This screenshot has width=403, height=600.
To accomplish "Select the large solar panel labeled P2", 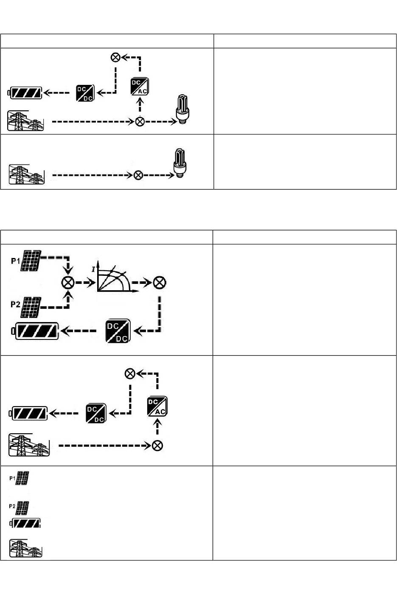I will pos(31,307).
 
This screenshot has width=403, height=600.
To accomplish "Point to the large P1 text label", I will pos(16,261).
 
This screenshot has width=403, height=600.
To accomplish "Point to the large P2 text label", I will pos(16,303).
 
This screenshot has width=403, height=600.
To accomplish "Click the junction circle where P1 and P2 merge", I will pos(68,283).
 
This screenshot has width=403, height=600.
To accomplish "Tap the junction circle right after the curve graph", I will pos(160,282).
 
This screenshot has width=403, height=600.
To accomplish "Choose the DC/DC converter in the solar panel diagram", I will pos(118,331).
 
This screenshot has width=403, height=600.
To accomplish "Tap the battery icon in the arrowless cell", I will pos(25,524).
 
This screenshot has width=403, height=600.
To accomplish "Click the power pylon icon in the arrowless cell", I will pos(26,548).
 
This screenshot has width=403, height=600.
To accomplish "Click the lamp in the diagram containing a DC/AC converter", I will pos(182,109).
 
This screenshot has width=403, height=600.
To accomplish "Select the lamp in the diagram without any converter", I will pos(180,163).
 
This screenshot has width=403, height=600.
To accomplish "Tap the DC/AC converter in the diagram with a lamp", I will pos(140,87).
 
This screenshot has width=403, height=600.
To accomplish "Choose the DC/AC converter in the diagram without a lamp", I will pos(157,406).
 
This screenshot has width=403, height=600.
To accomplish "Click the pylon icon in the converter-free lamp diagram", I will pos(27,174).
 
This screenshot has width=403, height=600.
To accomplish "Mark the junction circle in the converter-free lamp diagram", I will pos(138,175).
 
